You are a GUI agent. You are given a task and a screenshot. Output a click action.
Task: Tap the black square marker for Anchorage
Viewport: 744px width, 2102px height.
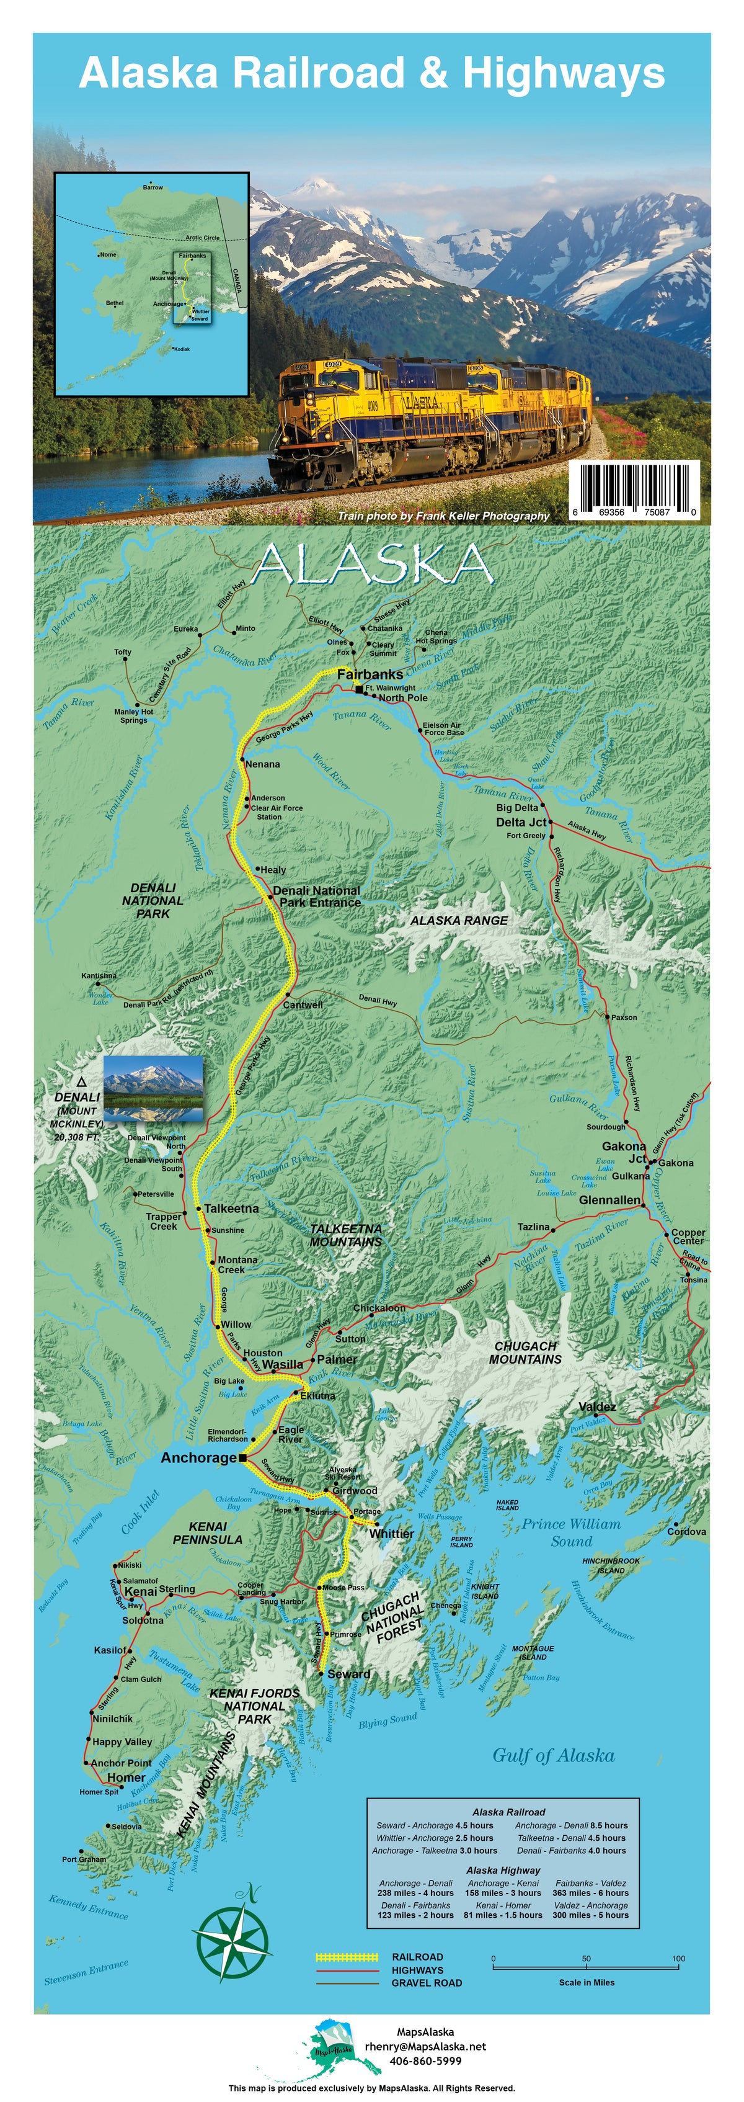pos(242,1457)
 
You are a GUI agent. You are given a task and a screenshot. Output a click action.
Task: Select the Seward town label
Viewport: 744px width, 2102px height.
pos(348,1674)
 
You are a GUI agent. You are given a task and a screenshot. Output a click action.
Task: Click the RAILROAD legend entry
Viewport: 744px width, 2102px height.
pos(417,1957)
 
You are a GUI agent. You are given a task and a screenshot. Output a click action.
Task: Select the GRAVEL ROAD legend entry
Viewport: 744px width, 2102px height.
pos(426,1982)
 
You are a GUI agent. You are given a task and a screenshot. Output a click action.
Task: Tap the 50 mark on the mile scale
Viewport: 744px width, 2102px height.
pos(586,1959)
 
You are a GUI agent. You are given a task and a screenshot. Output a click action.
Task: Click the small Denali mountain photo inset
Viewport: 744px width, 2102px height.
pos(153,1088)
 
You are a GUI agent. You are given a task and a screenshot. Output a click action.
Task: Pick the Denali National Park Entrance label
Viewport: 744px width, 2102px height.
pos(317,896)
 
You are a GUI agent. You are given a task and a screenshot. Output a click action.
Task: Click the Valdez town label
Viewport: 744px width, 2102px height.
pos(597,1406)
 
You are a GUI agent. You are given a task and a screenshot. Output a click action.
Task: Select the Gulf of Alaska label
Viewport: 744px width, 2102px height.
pos(553,1755)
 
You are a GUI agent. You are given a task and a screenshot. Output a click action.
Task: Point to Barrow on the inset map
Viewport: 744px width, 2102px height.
pos(153,187)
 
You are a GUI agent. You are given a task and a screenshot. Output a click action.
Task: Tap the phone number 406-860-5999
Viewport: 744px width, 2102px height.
pos(425,2060)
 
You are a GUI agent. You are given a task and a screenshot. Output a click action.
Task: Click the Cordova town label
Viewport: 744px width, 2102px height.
pos(686,1532)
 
